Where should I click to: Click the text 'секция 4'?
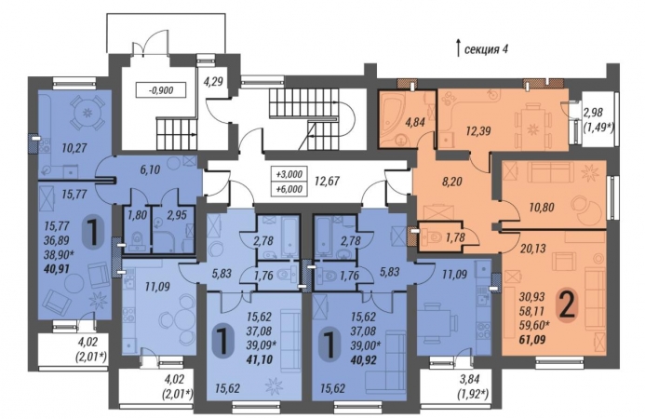486,49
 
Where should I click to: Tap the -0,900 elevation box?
161,89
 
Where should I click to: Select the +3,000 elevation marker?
289,174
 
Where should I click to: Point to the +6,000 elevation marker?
289,189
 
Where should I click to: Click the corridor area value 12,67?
328,181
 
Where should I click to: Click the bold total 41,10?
260,359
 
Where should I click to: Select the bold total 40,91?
57,269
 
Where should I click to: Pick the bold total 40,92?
364,359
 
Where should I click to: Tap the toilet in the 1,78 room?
433,237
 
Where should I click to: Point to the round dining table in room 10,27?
87,113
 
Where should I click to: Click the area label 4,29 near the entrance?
213,81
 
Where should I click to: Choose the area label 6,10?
149,169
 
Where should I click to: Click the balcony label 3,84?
468,380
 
